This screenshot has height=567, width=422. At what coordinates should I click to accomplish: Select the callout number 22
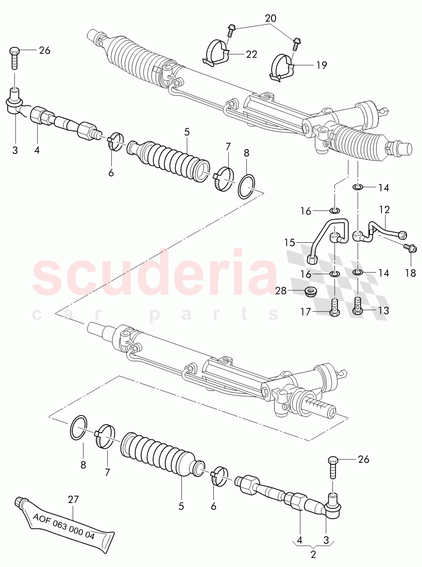coord(251,54)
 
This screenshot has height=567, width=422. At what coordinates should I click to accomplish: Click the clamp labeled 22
coord(216,52)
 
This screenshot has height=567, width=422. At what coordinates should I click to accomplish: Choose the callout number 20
coord(271,18)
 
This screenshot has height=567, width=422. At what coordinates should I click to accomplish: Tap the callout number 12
coord(384,210)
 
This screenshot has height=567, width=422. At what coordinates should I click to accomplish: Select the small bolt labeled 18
coord(410,248)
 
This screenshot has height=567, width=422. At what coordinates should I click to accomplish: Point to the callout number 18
coord(410,273)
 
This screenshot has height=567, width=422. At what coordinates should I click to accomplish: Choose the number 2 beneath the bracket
coord(313,555)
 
